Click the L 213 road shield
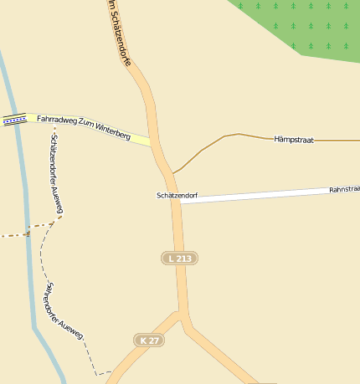click(179, 259)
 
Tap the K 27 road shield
click(150, 340)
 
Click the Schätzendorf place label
click(176, 195)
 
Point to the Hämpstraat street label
click(294, 140)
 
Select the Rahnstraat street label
click(344, 189)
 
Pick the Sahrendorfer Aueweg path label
click(64, 310)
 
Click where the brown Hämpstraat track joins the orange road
click(173, 172)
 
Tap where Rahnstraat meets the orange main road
click(179, 202)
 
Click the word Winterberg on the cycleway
click(111, 132)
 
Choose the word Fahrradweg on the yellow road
click(55, 121)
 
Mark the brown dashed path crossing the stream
click(28, 233)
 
